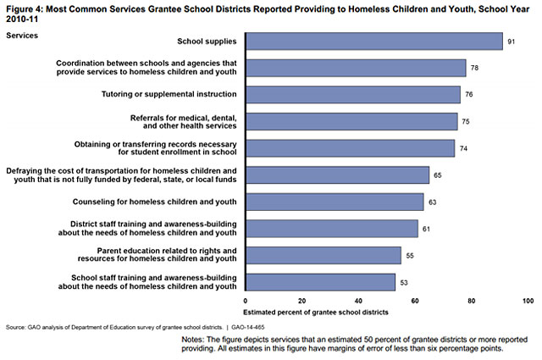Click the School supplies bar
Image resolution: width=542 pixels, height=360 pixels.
point(373,41)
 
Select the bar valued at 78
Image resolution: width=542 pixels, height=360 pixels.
point(355,68)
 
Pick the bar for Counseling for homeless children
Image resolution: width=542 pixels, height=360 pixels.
point(334,202)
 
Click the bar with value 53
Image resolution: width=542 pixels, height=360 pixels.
point(320,282)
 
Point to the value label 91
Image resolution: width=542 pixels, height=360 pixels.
point(511,41)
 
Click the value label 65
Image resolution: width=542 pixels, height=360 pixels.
point(438,175)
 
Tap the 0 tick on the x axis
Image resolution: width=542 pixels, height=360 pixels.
point(246,302)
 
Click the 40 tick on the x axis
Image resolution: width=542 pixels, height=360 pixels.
point(358,302)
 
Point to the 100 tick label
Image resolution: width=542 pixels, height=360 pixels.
point(528,302)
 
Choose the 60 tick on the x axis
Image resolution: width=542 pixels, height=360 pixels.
point(415,302)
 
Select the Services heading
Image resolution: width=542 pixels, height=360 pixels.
point(21,35)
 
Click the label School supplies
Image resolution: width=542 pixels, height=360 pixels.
point(206,41)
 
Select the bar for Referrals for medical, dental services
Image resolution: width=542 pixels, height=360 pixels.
point(351,121)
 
